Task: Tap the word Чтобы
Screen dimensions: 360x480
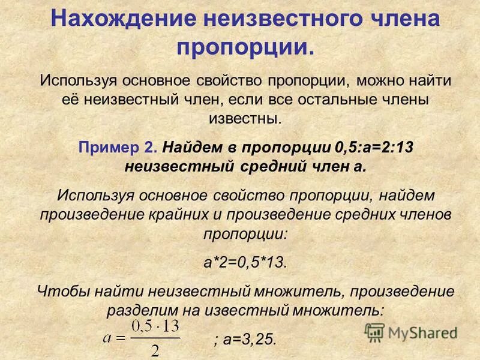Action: click(x=64, y=292)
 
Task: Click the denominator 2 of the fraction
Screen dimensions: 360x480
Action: click(x=155, y=349)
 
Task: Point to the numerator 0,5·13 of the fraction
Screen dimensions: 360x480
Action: click(x=155, y=328)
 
